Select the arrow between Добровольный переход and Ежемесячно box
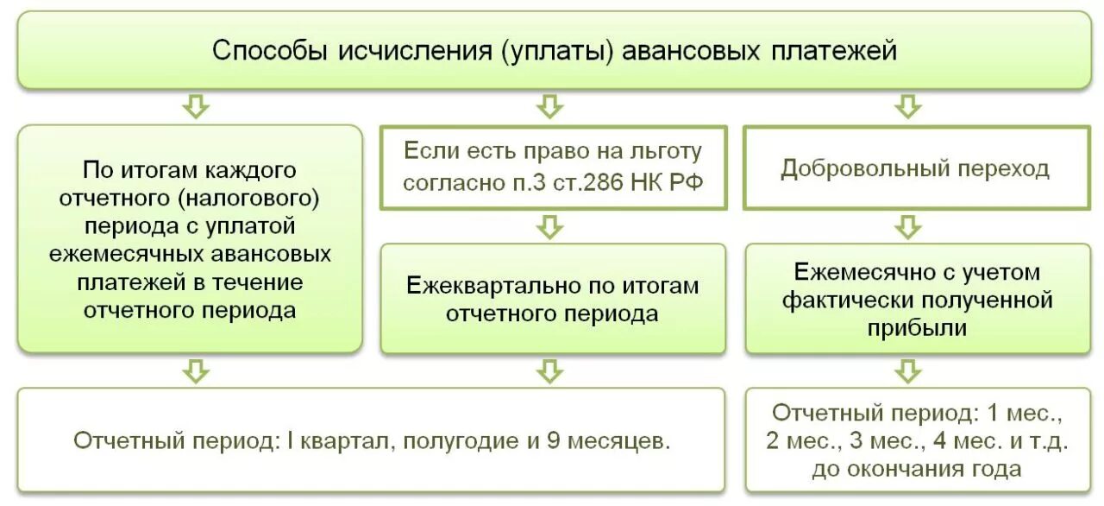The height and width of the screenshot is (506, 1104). coord(906,227)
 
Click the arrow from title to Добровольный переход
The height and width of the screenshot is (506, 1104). coord(906,107)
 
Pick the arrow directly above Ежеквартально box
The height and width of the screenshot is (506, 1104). coord(550,227)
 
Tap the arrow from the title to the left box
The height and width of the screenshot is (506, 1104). coord(197,107)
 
